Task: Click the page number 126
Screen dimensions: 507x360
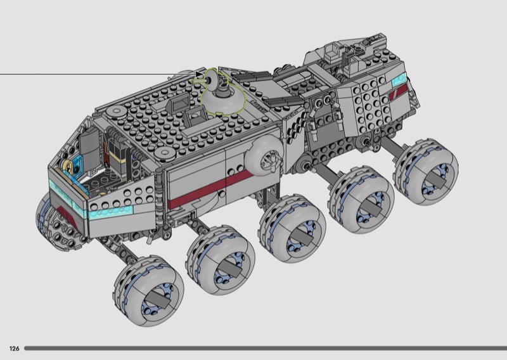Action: coord(14,349)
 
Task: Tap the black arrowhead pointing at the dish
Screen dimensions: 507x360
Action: coord(199,74)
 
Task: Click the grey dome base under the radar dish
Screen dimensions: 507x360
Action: coord(223,98)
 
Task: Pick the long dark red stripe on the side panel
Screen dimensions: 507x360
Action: coord(210,188)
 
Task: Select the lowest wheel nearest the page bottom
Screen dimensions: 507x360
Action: coord(148,290)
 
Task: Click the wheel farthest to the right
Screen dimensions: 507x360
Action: coord(425,171)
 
